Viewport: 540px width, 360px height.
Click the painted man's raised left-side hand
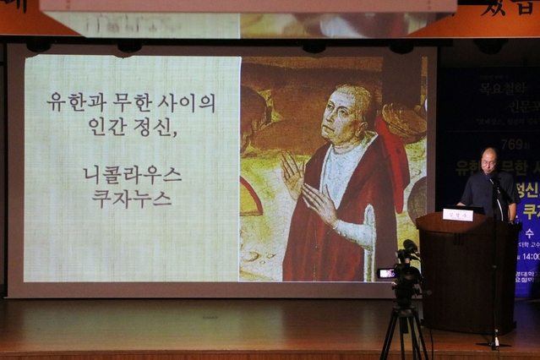[x=292, y=175]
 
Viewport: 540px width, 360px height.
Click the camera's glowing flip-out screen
[x=386, y=273]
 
